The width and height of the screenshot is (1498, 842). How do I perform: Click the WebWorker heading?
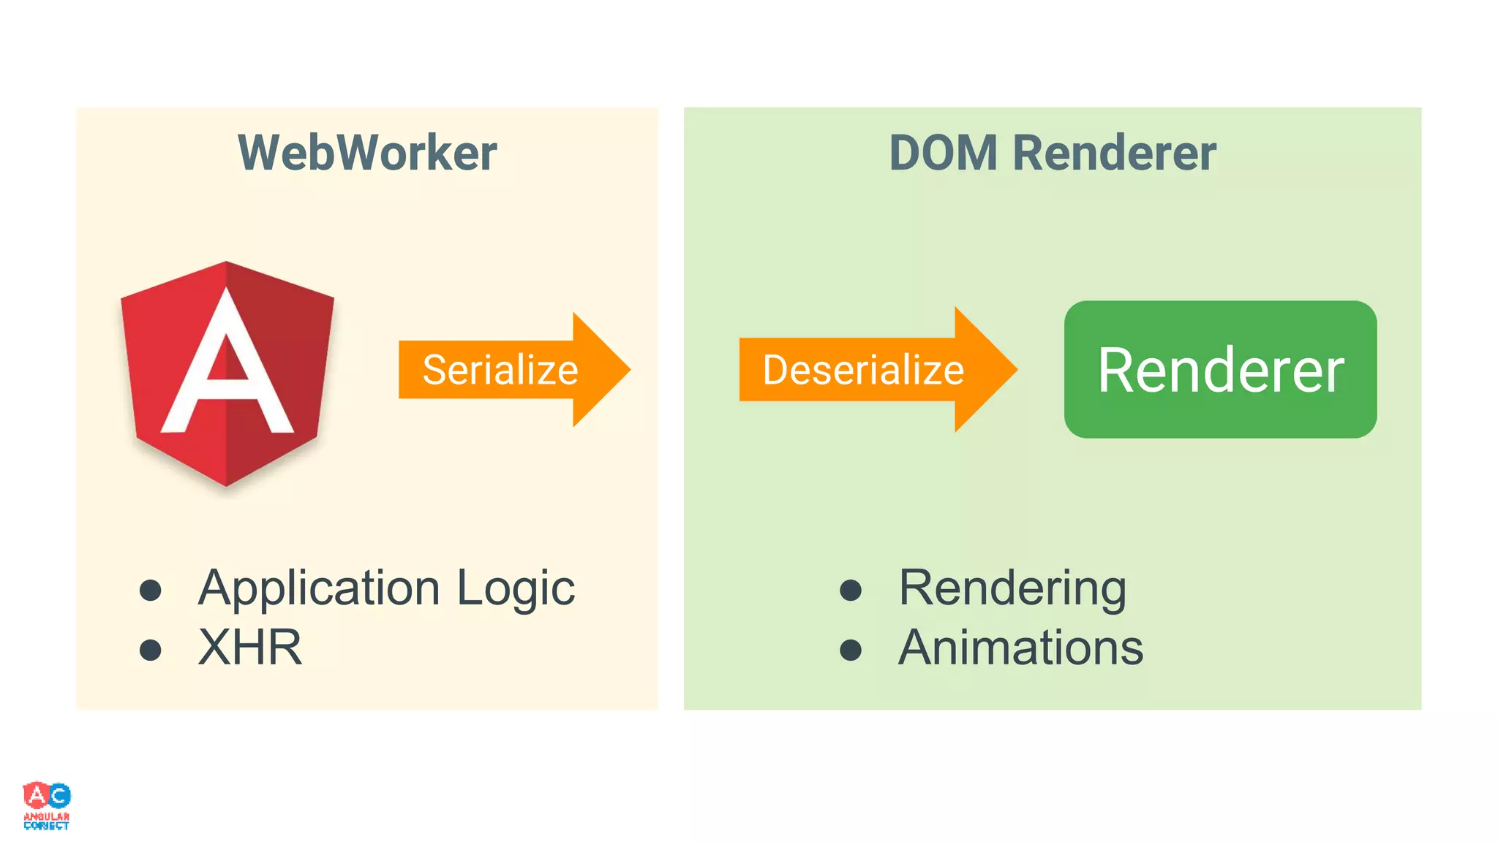tap(367, 153)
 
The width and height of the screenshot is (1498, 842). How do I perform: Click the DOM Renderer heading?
tap(1052, 153)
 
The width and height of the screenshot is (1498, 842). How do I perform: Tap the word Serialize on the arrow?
tap(500, 370)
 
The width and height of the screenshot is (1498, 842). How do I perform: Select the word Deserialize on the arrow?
tap(863, 370)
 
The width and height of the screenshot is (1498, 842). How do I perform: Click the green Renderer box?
tap(1220, 370)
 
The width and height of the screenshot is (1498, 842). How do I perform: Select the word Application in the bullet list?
tap(319, 588)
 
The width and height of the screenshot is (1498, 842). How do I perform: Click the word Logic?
tap(516, 588)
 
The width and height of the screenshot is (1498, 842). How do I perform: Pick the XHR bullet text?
tap(250, 648)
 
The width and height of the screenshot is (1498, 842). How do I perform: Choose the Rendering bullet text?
tap(1012, 588)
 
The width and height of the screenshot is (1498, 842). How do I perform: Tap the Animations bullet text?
tap(1020, 648)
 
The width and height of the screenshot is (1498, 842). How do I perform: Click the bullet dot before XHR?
tap(151, 650)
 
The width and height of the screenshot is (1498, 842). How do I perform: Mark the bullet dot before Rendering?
tap(851, 590)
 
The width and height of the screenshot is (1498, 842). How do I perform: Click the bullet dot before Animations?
tap(851, 650)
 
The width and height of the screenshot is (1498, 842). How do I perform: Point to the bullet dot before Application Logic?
tap(151, 590)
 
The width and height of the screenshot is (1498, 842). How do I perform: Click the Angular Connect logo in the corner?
tap(47, 805)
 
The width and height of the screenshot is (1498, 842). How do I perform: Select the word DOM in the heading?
tap(943, 153)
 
